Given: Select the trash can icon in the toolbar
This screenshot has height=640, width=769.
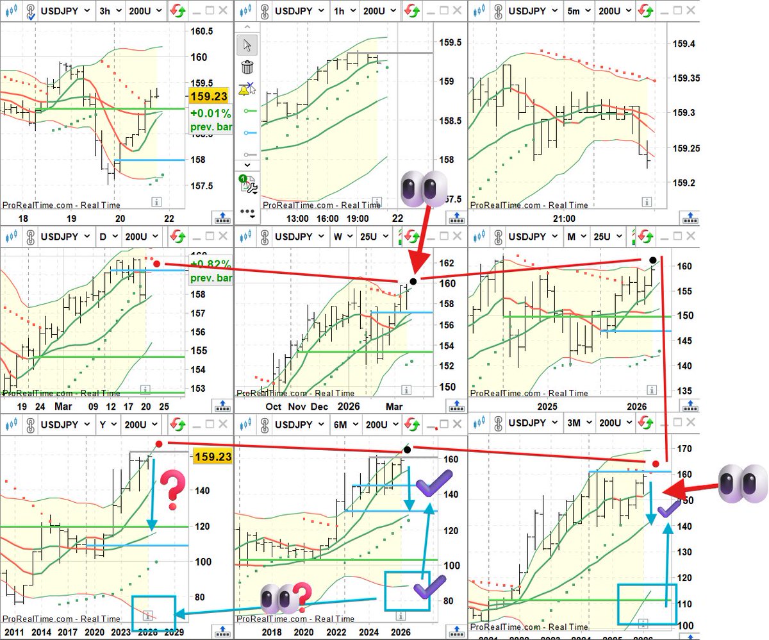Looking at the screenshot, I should [247, 67].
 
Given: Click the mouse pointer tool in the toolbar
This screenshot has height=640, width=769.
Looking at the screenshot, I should [247, 44].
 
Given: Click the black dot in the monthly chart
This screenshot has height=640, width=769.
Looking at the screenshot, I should [652, 260].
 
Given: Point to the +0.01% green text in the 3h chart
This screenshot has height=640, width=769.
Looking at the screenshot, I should [210, 114].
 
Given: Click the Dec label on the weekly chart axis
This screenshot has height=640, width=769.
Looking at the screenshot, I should [320, 407].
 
